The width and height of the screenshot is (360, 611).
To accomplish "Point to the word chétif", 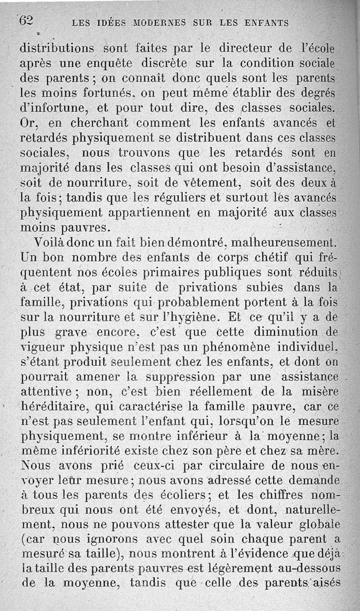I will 268,257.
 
